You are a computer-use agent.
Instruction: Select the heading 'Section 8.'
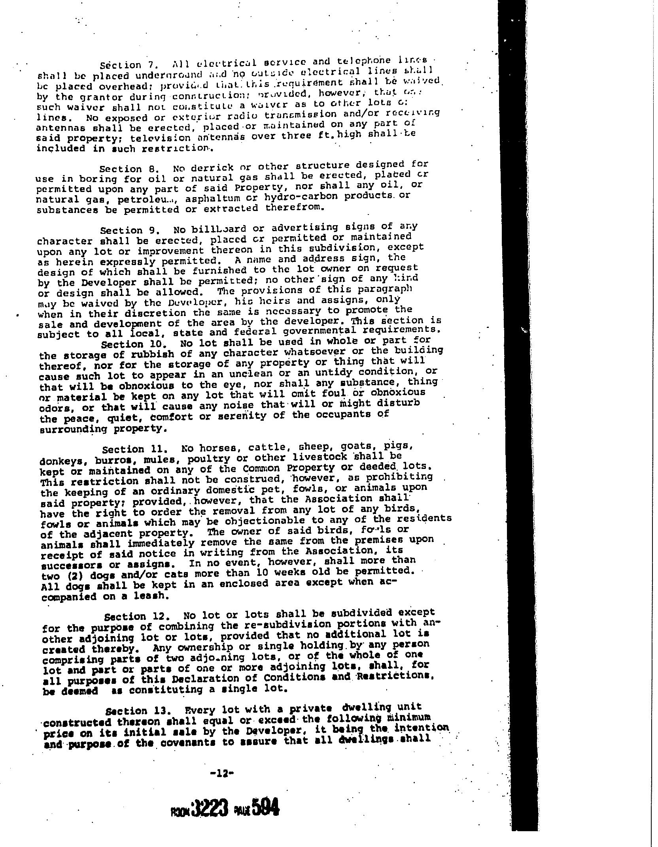pyautogui.click(x=123, y=169)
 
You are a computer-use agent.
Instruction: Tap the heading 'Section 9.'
pyautogui.click(x=124, y=230)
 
